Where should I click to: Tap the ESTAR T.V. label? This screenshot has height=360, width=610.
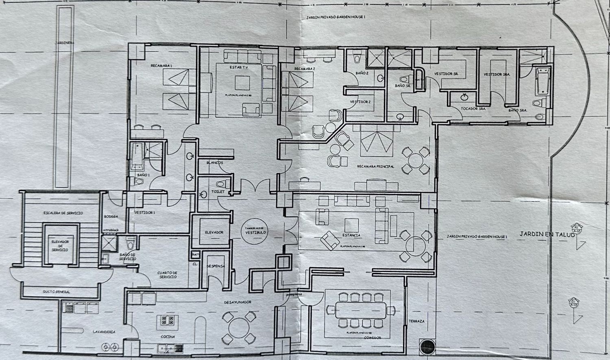pyautogui.click(x=239, y=67)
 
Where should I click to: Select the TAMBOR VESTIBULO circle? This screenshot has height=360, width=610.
pyautogui.click(x=255, y=231)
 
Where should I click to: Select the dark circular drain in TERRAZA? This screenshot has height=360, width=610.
pyautogui.click(x=427, y=347)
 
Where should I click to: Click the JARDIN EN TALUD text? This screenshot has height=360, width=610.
pyautogui.click(x=547, y=234)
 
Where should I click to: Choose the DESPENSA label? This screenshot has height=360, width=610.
pyautogui.click(x=216, y=266)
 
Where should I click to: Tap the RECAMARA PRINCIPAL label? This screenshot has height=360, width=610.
pyautogui.click(x=375, y=166)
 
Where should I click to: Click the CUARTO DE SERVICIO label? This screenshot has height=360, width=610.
pyautogui.click(x=167, y=275)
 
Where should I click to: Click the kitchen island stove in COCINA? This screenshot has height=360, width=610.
pyautogui.click(x=168, y=320)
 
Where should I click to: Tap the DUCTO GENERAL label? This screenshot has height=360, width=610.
pyautogui.click(x=57, y=292)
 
